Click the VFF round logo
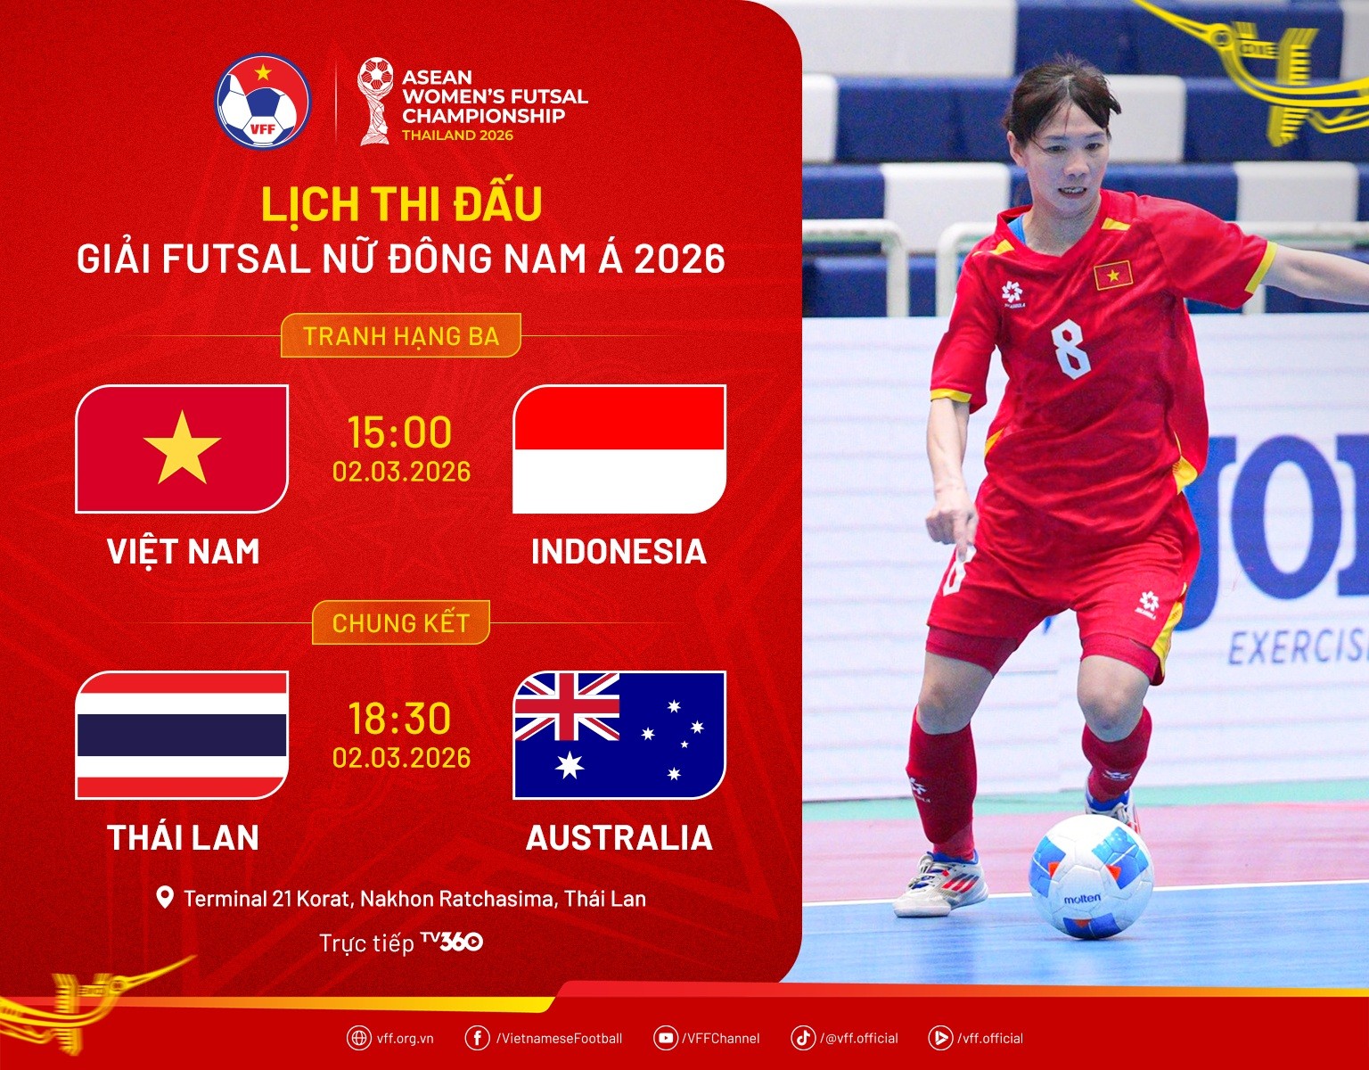click(262, 102)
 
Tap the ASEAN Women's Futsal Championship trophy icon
click(375, 101)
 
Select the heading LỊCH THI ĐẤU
click(401, 204)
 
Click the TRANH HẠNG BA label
click(400, 336)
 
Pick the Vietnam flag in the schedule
click(182, 449)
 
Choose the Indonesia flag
click(619, 449)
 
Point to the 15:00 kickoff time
click(400, 432)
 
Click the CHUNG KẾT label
click(400, 622)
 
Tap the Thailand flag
click(182, 735)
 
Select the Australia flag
click(619, 735)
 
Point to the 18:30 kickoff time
click(400, 719)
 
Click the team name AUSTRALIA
click(619, 838)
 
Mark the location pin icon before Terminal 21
click(165, 897)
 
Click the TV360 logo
click(452, 942)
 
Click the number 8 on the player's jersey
click(1070, 350)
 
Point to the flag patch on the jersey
click(1113, 276)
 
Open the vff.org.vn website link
click(404, 1038)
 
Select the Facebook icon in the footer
click(477, 1038)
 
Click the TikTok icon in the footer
click(803, 1038)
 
